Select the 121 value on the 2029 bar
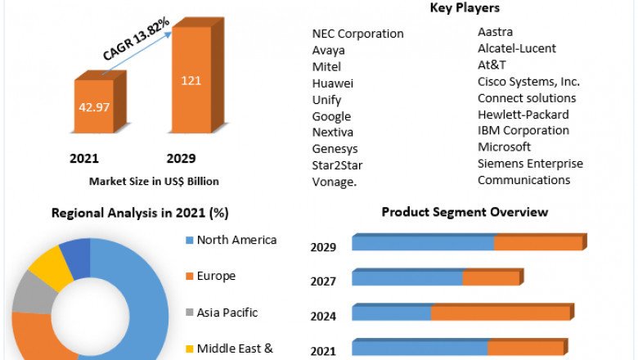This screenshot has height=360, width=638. point(191,80)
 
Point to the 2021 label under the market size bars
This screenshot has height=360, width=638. point(83,158)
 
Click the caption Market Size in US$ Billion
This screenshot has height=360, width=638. point(154,181)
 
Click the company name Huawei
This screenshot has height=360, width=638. point(333,83)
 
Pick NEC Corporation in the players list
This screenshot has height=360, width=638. point(357,34)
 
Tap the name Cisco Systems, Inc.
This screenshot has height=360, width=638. point(528,82)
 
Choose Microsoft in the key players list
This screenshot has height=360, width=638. point(504,147)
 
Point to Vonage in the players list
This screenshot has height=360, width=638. point(335,182)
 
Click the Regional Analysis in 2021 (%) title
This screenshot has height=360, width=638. point(140,213)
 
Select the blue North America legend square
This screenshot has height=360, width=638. point(190,241)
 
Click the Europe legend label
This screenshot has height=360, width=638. point(216,276)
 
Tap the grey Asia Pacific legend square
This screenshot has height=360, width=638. point(190,313)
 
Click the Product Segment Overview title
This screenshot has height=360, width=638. point(465,212)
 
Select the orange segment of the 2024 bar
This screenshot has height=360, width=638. point(500,313)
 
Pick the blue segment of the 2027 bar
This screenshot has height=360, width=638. point(407,278)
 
